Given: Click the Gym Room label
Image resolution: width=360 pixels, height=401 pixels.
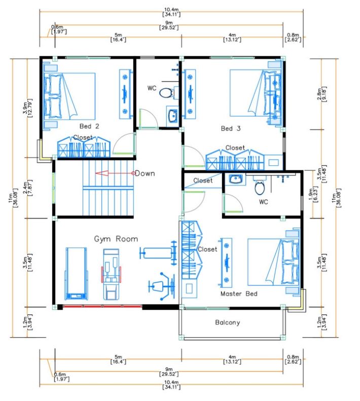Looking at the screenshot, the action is [116, 239].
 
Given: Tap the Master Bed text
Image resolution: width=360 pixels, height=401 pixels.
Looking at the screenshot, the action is [239, 294].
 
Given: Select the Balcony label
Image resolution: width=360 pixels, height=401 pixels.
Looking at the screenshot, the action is [228, 322].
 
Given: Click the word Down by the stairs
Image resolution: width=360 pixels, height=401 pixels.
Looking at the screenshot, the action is [145, 173].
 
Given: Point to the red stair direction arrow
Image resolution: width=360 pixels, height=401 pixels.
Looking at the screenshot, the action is [115, 173].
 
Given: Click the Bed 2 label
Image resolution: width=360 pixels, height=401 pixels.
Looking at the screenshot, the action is [89, 126].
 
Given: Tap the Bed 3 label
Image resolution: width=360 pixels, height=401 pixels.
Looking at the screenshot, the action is [231, 128].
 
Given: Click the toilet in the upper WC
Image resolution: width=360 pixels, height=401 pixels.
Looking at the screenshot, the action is [166, 93].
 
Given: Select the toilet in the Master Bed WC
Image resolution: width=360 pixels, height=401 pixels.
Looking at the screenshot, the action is [260, 188].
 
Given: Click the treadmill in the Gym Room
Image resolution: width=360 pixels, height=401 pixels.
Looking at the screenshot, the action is [76, 273].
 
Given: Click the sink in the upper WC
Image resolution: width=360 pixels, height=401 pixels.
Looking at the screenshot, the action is [172, 116].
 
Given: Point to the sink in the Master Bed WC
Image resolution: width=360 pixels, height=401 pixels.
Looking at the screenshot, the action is [235, 179].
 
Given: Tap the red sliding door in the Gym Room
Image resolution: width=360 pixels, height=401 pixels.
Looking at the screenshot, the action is [102, 306].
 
